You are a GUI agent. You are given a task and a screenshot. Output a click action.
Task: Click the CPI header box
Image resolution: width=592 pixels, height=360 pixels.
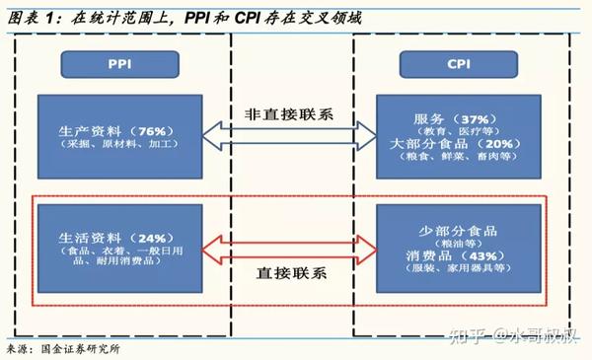click(x=457, y=64)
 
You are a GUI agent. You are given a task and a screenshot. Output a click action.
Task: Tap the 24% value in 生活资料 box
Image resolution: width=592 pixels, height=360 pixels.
click(x=151, y=239)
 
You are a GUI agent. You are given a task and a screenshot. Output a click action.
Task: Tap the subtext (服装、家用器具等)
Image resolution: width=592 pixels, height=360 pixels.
click(x=460, y=266)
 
